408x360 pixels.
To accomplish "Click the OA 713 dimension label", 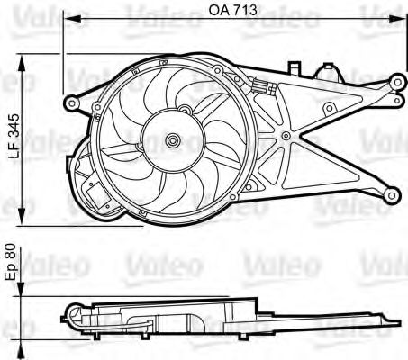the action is click(233, 10).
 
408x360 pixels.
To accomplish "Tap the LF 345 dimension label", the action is click(14, 136).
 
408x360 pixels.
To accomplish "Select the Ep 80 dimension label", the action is click(12, 263).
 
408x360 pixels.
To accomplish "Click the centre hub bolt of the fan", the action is click(173, 140).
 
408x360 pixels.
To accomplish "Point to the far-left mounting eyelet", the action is click(72, 103).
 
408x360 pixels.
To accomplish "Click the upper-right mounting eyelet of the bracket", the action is click(398, 82).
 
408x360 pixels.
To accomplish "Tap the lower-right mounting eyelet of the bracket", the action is click(392, 195).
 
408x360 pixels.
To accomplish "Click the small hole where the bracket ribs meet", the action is click(286, 136).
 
